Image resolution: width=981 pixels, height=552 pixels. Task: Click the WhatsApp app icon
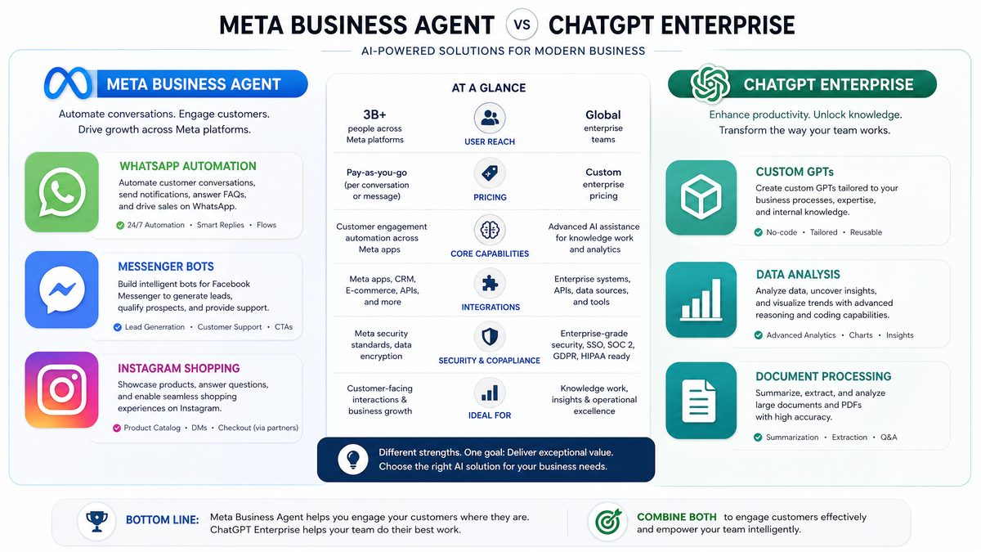coord(62,192)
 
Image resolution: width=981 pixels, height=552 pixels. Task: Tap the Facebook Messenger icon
coord(62,289)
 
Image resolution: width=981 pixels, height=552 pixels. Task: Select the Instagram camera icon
coord(62,389)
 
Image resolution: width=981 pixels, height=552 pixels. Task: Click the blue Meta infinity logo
coord(68,83)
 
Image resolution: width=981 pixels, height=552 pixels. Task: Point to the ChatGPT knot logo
coord(710,84)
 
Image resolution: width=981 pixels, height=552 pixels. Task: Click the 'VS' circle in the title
coord(522,25)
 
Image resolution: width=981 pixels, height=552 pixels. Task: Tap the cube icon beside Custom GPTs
coord(701,197)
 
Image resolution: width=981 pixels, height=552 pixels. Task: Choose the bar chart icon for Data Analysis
coord(701,299)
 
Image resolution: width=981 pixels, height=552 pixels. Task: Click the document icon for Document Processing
coord(701,401)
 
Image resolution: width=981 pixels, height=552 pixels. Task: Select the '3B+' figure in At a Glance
coord(374,114)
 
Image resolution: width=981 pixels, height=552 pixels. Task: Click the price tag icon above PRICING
coord(490,173)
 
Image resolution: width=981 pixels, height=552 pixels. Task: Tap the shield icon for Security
coord(490,337)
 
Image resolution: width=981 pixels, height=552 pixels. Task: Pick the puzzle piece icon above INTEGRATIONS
coord(490,284)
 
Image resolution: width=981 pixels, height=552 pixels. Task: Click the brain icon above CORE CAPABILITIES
coord(490,230)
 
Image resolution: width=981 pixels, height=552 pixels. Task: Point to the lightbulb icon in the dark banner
coord(353,460)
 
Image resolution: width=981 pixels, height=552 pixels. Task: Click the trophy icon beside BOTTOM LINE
coord(96,521)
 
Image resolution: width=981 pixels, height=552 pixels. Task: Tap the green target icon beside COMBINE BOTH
coord(608,522)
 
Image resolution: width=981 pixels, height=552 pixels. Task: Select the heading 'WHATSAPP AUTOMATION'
coord(188,167)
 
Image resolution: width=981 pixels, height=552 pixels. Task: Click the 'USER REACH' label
coord(490,141)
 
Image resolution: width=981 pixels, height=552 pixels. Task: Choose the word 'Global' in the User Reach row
coord(603,114)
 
